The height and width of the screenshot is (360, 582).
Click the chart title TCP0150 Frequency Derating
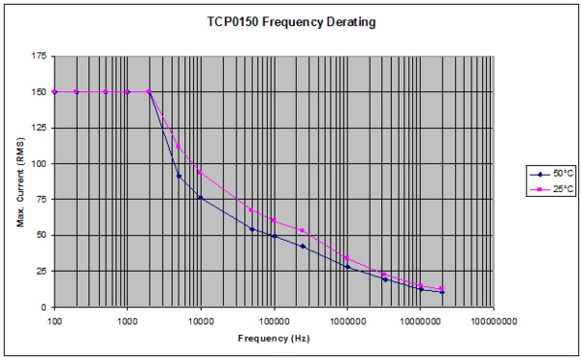(x=291, y=20)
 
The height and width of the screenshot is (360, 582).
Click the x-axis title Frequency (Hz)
(x=274, y=339)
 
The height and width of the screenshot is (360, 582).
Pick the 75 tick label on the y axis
(x=40, y=200)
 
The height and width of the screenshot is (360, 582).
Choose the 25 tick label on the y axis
(x=40, y=271)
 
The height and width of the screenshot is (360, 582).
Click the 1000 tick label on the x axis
(x=127, y=317)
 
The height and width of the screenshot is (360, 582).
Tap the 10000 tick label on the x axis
(x=201, y=317)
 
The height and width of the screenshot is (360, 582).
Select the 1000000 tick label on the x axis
(x=347, y=317)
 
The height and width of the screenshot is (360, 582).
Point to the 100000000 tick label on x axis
(x=494, y=317)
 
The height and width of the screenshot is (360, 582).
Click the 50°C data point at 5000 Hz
(x=178, y=176)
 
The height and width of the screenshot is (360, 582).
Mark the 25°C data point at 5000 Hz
(x=178, y=147)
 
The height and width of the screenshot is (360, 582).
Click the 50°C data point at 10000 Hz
(x=201, y=198)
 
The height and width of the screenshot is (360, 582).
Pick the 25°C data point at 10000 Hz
(x=201, y=173)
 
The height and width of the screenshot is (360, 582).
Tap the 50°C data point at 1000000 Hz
(x=347, y=267)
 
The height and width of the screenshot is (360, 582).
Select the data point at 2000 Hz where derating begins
(x=149, y=92)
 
